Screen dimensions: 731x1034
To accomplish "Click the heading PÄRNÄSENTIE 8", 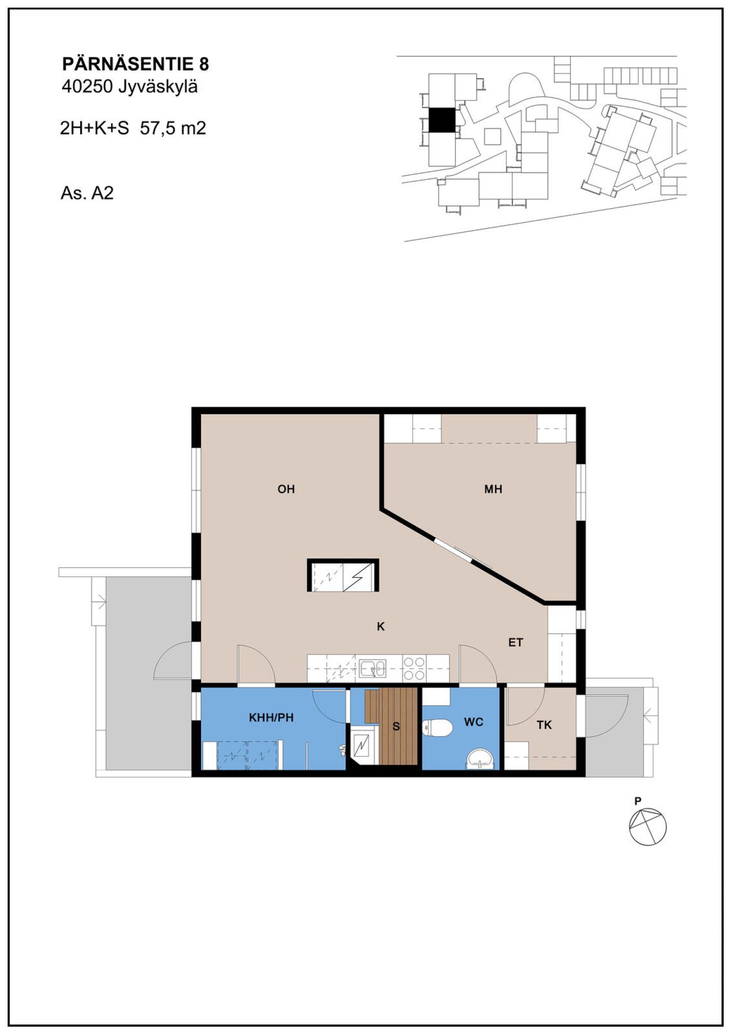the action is (135, 64).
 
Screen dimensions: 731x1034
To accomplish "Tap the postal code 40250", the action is (87, 87).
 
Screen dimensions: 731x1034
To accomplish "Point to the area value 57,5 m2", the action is (173, 128).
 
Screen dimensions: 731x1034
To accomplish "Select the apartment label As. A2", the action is (87, 193).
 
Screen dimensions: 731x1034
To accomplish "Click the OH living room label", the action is (286, 489).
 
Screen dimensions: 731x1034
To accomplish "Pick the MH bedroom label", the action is (493, 489).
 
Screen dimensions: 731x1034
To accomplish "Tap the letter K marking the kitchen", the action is (381, 627).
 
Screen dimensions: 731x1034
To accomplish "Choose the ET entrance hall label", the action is (516, 643).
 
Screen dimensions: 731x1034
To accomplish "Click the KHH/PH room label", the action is (271, 718).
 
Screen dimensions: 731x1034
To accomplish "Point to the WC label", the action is (474, 722).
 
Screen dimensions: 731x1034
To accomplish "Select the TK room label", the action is (544, 725).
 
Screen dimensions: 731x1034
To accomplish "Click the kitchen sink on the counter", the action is (373, 669).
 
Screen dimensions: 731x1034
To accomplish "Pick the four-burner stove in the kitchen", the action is (414, 669).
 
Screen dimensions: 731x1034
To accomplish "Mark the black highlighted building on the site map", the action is (441, 120).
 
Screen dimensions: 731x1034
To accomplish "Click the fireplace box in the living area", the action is (343, 575).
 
